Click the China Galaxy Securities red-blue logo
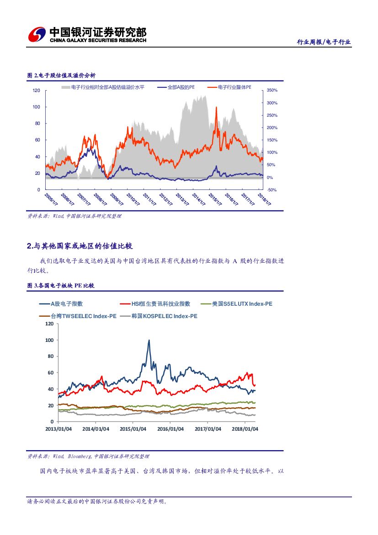pos(37,34)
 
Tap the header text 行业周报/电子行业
pos(324,42)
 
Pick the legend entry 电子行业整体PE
pos(234,87)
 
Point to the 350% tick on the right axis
pos(272,91)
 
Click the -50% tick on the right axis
pos(272,190)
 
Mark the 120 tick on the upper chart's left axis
pos(37,91)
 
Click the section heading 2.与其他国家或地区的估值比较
pos(80,246)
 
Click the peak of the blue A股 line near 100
pos(149,340)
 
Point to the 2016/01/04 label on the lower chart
pos(170,429)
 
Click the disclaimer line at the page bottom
pos(97,502)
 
